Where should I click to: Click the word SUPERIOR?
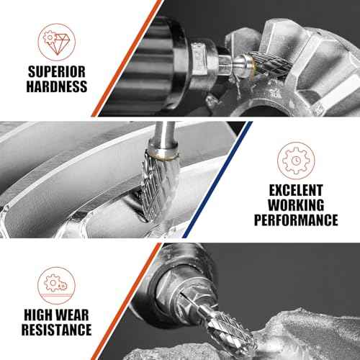(57, 71)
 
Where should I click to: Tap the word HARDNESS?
(57, 86)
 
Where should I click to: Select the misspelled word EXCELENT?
(296, 190)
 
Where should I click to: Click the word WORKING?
(296, 205)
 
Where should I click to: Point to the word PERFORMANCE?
(296, 220)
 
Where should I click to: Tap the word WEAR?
(73, 315)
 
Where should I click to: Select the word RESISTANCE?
(57, 330)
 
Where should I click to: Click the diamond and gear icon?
(57, 42)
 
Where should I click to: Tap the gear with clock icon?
(296, 161)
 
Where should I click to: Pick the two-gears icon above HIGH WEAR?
(57, 285)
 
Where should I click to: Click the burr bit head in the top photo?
(266, 63)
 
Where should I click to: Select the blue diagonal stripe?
(217, 179)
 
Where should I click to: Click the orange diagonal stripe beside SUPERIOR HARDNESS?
(127, 58)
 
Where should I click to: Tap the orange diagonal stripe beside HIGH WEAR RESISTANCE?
(126, 302)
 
